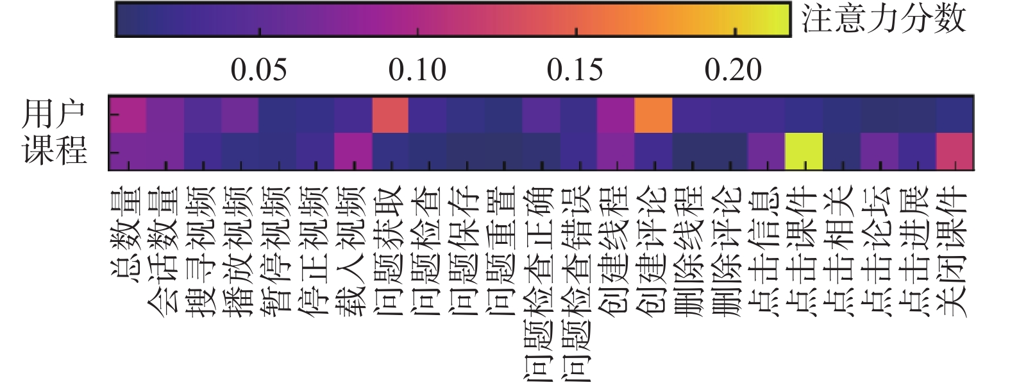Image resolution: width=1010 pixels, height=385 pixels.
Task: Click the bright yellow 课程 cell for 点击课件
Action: [804, 151]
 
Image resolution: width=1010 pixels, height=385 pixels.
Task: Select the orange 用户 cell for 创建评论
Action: [653, 115]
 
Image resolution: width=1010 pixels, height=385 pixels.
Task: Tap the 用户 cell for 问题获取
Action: [391, 115]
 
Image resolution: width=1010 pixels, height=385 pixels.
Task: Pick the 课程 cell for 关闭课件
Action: [955, 151]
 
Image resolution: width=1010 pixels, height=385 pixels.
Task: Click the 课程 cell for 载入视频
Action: [353, 151]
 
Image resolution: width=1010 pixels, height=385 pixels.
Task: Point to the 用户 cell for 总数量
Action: [128, 115]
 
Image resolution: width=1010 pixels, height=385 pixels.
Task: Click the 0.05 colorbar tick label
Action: [259, 70]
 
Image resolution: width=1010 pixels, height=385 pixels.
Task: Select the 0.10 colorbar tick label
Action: [417, 70]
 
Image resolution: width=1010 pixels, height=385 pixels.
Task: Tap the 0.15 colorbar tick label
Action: [575, 70]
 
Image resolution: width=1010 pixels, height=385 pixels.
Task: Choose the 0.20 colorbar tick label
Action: [734, 70]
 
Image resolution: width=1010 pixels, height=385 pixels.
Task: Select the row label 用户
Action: [54, 115]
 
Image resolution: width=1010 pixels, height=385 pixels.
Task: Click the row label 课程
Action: [54, 151]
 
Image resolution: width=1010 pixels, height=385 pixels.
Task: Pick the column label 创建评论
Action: [653, 250]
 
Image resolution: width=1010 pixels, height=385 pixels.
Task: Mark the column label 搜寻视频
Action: [203, 250]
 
